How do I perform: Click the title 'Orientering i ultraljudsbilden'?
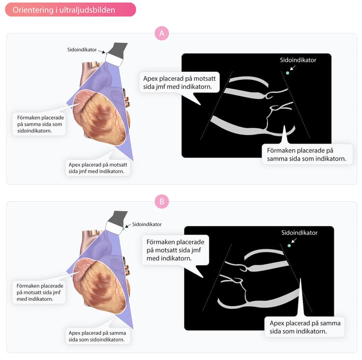[64, 10]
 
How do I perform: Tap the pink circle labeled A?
[162, 33]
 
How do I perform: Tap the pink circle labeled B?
[162, 201]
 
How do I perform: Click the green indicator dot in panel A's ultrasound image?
[288, 73]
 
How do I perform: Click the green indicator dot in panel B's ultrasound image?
[289, 246]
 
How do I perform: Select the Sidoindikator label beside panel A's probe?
[82, 50]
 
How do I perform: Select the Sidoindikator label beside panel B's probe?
[147, 224]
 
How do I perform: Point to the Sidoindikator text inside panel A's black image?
[298, 60]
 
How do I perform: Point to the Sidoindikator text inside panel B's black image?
[299, 233]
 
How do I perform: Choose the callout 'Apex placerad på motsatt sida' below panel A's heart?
[97, 168]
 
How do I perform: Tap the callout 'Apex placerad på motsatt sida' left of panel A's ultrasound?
[180, 83]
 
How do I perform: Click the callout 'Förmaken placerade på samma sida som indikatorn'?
[307, 154]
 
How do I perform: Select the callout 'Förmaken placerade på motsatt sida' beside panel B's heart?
[39, 292]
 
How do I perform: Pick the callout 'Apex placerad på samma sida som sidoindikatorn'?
[97, 336]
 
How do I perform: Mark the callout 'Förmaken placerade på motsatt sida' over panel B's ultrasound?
[176, 250]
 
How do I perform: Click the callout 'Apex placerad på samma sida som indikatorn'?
[305, 327]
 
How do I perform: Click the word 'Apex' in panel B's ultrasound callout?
[277, 323]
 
